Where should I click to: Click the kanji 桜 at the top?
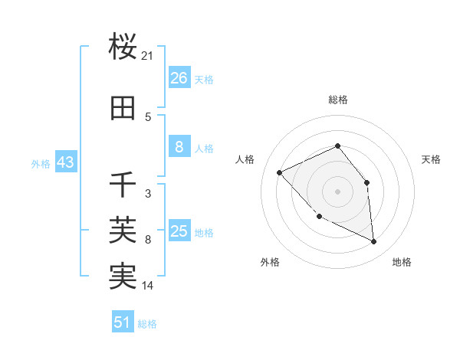[123, 47]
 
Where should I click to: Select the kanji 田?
[123, 109]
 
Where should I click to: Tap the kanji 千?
[123, 185]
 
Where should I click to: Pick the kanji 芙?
[123, 229]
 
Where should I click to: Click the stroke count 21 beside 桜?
[148, 56]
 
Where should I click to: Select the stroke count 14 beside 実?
[148, 286]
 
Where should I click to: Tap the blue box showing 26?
[179, 78]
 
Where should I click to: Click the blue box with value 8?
[179, 147]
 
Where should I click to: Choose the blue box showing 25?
[179, 231]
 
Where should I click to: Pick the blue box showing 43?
[65, 162]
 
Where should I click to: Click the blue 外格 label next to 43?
[41, 163]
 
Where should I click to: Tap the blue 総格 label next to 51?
[147, 324]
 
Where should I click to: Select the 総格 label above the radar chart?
[337, 100]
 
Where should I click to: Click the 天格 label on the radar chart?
[432, 159]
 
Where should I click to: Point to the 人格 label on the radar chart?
[245, 159]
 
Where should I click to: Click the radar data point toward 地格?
[374, 242]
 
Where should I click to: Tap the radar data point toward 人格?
[280, 172]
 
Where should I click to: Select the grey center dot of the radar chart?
[337, 191]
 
